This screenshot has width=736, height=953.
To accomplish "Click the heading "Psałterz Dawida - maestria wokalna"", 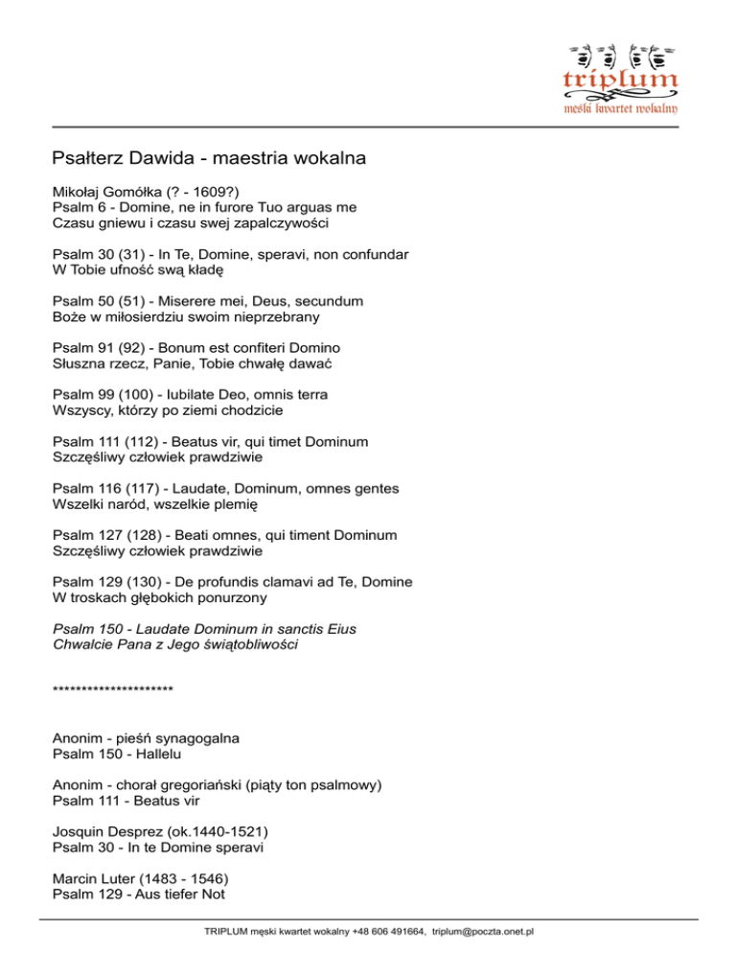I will (x=210, y=156).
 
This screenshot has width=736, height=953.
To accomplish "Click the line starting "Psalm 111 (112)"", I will (x=211, y=441).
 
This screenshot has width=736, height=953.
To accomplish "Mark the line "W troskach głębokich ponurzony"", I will (x=160, y=596).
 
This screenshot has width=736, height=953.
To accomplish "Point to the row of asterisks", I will (x=113, y=689).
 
